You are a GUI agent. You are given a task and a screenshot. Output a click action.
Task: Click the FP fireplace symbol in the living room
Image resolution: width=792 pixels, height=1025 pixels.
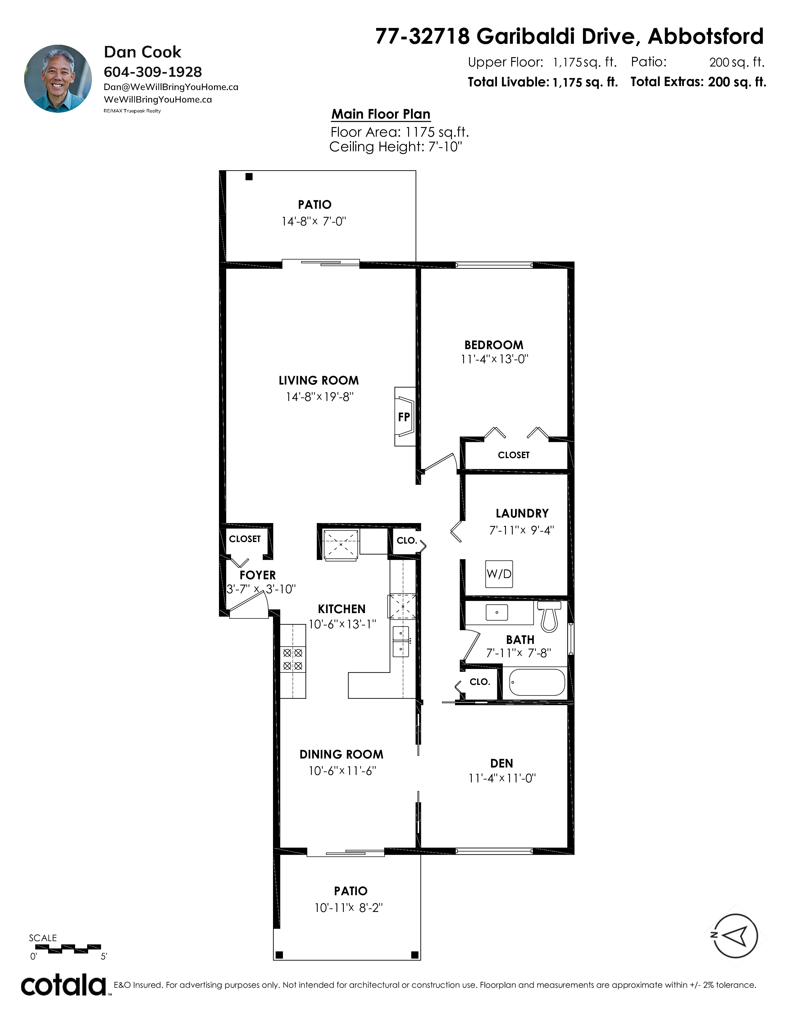click(x=404, y=416)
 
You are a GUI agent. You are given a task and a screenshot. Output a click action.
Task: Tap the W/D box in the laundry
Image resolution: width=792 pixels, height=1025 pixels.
click(x=499, y=573)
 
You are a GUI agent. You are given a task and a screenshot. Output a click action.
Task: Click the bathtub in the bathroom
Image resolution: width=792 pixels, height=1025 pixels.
click(x=537, y=682)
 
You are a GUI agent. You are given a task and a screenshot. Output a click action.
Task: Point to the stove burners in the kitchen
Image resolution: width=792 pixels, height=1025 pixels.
click(x=293, y=659)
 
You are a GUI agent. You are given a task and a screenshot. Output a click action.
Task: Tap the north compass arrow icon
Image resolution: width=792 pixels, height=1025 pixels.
click(x=735, y=936)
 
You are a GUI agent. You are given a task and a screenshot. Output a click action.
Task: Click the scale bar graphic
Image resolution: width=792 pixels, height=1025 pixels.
click(x=68, y=949)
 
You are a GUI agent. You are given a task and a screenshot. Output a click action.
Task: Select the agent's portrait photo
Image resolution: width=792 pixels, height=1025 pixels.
click(x=58, y=79)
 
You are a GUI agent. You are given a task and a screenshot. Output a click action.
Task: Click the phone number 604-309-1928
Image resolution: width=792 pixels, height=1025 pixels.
click(x=152, y=72)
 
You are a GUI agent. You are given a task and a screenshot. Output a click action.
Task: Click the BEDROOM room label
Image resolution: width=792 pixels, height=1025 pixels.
click(x=494, y=345)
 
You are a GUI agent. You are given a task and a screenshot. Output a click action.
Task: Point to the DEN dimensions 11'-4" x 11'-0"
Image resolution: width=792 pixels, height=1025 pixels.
click(x=502, y=778)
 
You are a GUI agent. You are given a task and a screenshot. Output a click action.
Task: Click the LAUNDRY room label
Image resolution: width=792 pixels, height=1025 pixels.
click(x=522, y=513)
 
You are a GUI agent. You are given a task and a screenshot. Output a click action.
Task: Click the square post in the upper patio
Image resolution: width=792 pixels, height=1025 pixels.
click(x=249, y=176)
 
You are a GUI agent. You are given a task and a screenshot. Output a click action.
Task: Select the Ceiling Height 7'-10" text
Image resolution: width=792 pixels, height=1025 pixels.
click(x=395, y=147)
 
